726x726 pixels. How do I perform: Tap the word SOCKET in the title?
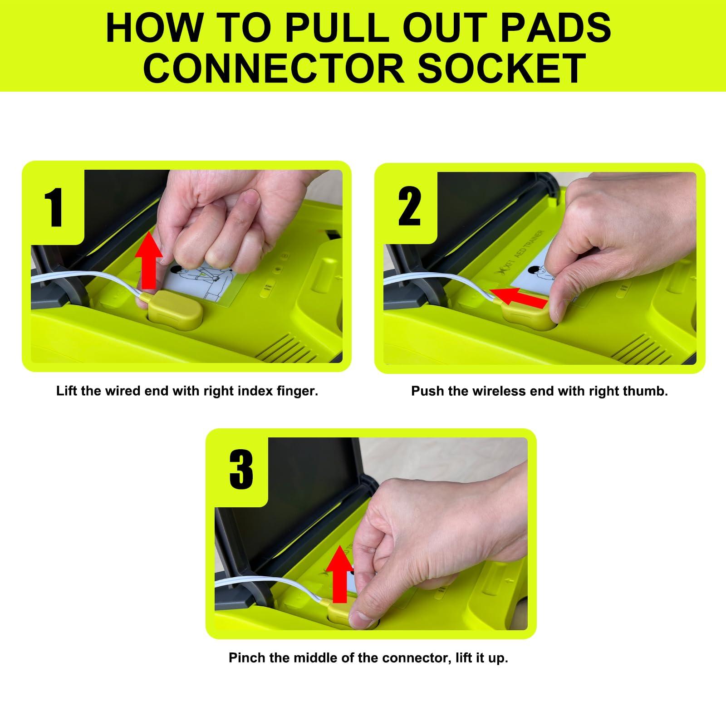coord(501,68)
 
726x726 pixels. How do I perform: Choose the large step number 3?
coord(241,469)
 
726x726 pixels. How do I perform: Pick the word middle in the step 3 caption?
coord(316,657)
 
